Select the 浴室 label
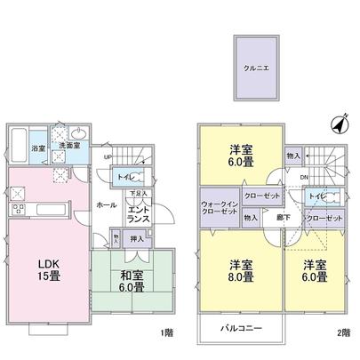tap(39, 148)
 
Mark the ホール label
tap(106, 204)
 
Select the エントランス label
tap(139, 212)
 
